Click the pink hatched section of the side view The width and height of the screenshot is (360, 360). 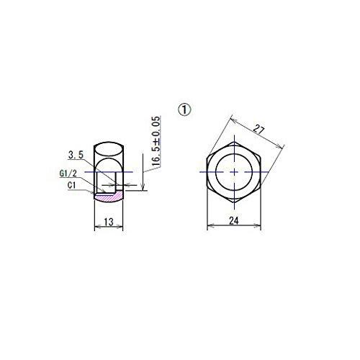pos(109,194)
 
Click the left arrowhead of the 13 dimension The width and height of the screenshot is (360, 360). pos(97,227)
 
